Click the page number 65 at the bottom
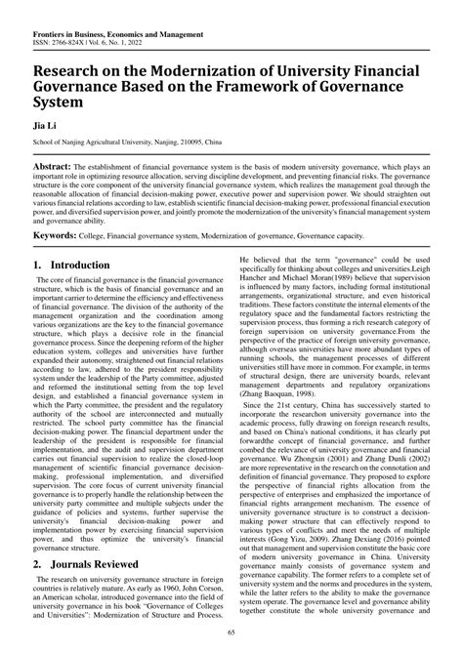point(231,633)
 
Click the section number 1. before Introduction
point(39,265)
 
